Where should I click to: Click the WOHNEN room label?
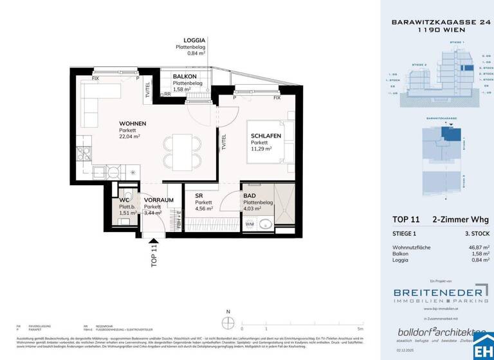(x=133, y=123)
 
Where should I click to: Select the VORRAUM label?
(x=158, y=201)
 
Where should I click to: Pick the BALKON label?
(x=185, y=76)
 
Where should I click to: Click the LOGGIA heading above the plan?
(x=194, y=40)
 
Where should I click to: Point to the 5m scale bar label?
(x=361, y=328)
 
